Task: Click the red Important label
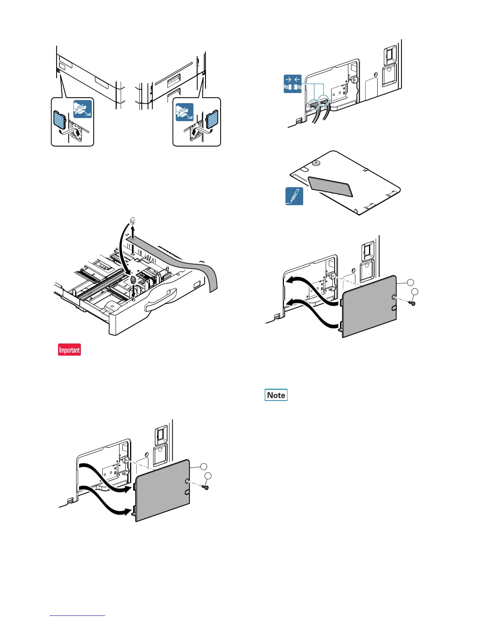click(70, 350)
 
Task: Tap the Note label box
click(276, 395)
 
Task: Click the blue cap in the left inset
click(60, 120)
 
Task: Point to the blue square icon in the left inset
click(83, 109)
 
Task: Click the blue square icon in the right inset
click(184, 112)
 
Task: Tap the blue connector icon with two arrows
click(293, 84)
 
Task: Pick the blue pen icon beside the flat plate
click(294, 196)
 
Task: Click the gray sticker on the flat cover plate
click(330, 187)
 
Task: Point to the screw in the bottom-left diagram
click(206, 487)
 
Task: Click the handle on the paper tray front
click(161, 300)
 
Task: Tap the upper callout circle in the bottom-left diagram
click(204, 466)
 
